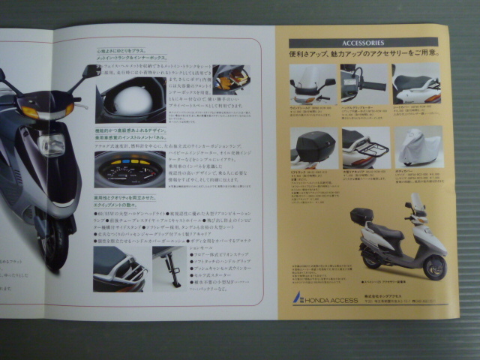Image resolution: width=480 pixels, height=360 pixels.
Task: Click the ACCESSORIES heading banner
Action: (x=363, y=43)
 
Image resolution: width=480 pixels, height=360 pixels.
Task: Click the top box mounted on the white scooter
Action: (x=361, y=215)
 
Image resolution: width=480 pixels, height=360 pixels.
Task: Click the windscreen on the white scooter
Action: (x=415, y=203)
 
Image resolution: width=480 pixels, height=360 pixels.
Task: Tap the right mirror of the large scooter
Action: (x=91, y=71)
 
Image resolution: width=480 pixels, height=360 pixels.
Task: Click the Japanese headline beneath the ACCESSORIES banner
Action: (x=364, y=55)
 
